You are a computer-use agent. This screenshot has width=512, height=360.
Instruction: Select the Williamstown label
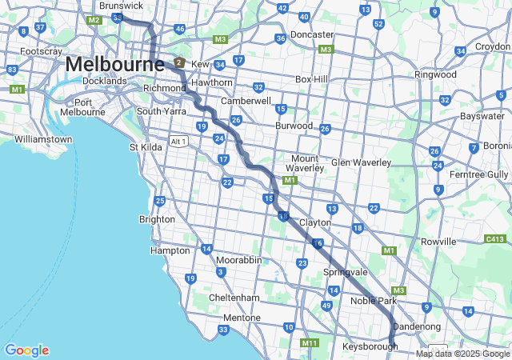tap(42, 139)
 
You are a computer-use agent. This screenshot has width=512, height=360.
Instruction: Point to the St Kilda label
tap(145, 147)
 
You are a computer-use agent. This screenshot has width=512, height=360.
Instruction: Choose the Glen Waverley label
tap(361, 162)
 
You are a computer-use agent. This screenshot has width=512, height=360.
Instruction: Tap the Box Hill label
tap(311, 79)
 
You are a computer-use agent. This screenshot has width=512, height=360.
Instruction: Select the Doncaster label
tap(312, 35)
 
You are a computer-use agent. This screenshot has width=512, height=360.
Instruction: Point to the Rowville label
tap(438, 241)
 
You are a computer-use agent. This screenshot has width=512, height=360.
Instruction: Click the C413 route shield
tap(494, 239)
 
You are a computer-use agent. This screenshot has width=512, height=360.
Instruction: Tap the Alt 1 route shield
tap(178, 142)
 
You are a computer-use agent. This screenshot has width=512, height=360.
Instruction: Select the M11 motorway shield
tap(310, 343)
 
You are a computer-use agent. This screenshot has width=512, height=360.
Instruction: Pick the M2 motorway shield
tap(94, 19)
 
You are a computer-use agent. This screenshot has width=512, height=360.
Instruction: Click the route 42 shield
tap(282, 8)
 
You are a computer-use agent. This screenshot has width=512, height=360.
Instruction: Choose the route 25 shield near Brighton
tap(160, 201)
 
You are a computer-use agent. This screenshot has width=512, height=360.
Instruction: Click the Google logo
tap(26, 350)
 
